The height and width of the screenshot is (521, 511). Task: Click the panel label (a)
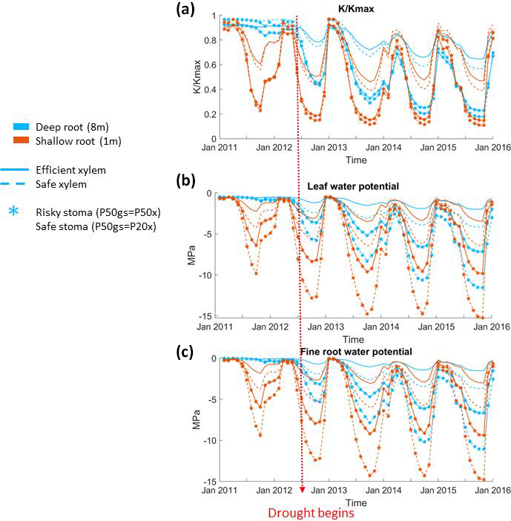[x=184, y=11]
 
